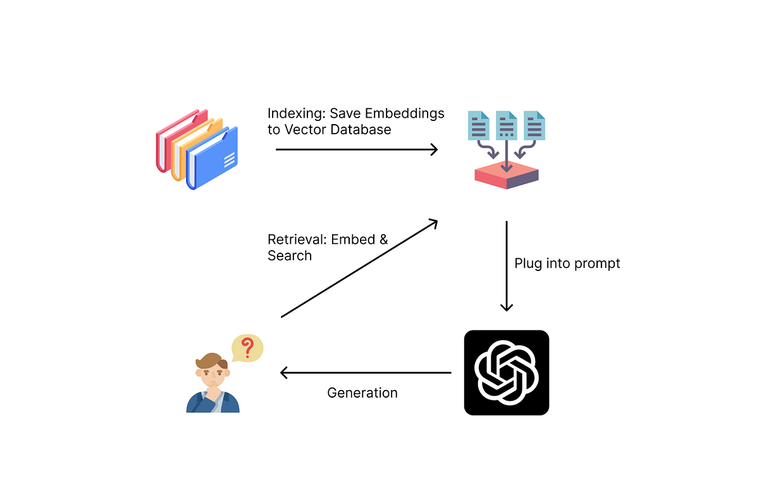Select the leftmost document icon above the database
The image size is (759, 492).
click(479, 125)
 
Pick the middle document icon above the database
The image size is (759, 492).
click(507, 125)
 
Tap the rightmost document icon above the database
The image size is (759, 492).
click(534, 125)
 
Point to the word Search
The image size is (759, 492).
click(290, 256)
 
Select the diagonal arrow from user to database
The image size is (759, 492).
click(359, 268)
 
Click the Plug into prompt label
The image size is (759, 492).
click(567, 263)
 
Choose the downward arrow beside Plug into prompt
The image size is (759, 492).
click(506, 266)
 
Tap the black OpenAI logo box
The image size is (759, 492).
click(506, 372)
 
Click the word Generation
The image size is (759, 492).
click(362, 393)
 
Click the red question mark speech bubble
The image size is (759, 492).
click(247, 348)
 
